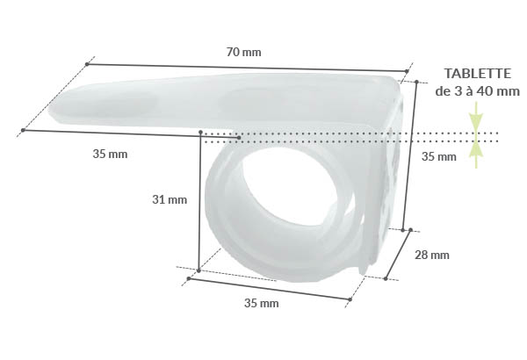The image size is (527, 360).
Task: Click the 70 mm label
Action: click(x=243, y=52)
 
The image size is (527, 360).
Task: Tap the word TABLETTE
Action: click(x=477, y=74)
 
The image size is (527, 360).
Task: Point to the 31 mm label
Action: click(x=170, y=199)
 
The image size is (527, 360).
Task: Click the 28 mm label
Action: click(x=431, y=255)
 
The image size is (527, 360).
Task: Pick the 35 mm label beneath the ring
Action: click(x=261, y=304)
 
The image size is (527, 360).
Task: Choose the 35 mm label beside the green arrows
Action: click(x=439, y=157)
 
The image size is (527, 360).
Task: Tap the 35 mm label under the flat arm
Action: click(x=110, y=154)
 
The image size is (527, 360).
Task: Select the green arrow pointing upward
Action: click(x=475, y=154)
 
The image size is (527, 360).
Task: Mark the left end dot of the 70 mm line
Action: click(x=88, y=63)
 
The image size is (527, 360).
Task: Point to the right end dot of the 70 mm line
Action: click(x=408, y=71)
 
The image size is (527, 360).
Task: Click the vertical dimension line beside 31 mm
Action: click(x=201, y=202)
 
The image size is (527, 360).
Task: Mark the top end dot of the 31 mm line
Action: click(x=202, y=133)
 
